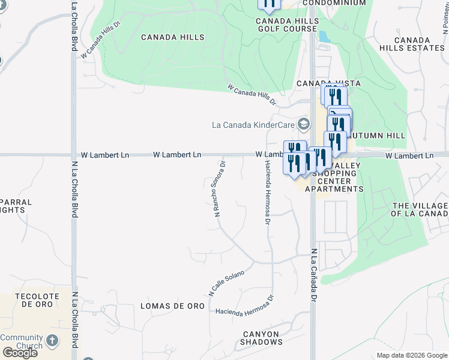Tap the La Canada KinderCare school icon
[304, 125]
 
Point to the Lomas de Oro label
[172, 306]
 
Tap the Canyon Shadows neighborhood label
[262, 338]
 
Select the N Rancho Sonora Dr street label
[218, 188]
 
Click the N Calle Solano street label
[226, 283]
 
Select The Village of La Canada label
[420, 209]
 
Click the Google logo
[19, 352]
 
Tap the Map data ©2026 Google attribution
[411, 355]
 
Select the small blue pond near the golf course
[324, 37]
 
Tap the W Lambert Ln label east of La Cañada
[409, 155]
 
